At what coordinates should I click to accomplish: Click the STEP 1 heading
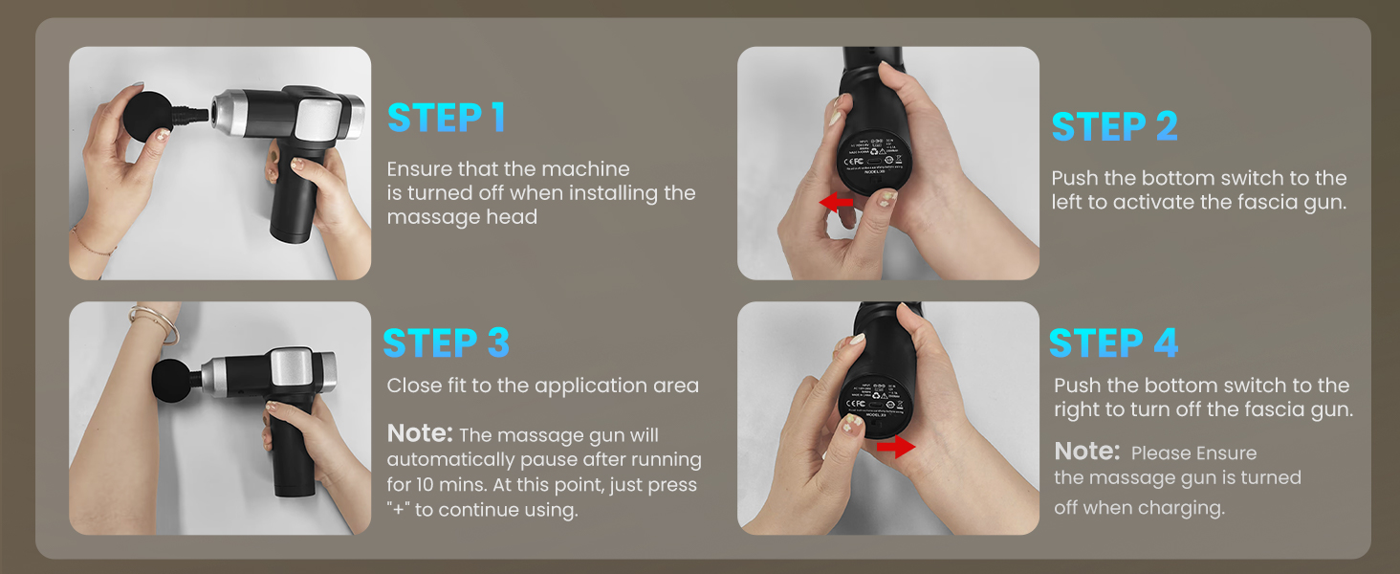(x=446, y=117)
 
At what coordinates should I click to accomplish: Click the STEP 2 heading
(x=1114, y=126)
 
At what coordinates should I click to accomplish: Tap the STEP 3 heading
(x=446, y=342)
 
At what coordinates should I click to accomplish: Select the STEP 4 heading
(x=1113, y=342)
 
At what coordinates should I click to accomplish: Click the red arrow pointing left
(x=837, y=203)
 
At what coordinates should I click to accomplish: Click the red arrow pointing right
(x=896, y=447)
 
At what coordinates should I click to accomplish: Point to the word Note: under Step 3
(x=420, y=433)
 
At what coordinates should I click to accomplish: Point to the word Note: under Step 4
(x=1086, y=451)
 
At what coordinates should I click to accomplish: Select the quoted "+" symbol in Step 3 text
(x=397, y=510)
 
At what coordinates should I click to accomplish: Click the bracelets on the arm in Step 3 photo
(x=158, y=323)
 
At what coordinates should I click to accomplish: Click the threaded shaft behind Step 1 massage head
(x=194, y=114)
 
